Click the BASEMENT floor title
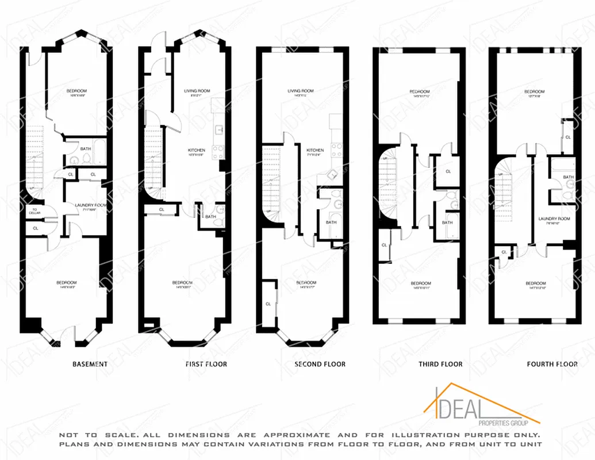click(x=90, y=364)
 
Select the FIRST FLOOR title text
click(x=206, y=364)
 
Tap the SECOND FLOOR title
click(x=320, y=364)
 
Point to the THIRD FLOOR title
click(x=440, y=364)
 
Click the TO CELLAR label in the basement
click(x=34, y=212)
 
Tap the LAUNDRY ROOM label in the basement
click(x=88, y=205)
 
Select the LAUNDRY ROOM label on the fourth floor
click(x=554, y=218)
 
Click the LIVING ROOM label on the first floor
click(x=197, y=91)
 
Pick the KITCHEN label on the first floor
click(x=196, y=151)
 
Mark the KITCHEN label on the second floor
click(x=314, y=150)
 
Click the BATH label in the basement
click(x=85, y=149)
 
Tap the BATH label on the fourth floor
click(x=568, y=177)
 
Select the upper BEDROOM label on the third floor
click(x=419, y=92)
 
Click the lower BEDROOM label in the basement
click(x=66, y=282)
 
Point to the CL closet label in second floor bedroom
click(x=268, y=304)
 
